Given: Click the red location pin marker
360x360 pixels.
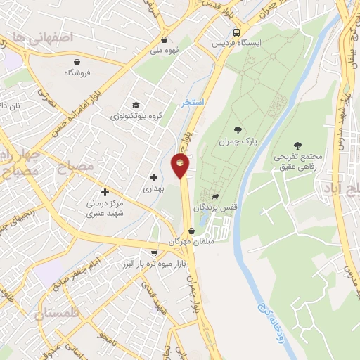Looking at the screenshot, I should (x=180, y=166).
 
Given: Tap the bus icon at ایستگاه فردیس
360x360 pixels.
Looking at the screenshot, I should (x=237, y=32).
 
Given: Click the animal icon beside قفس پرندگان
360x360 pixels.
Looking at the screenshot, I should (x=214, y=198).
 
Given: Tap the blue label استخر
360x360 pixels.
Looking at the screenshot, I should (x=192, y=103).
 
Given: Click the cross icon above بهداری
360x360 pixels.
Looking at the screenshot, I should (x=153, y=176).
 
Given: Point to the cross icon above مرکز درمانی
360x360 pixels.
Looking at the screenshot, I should (x=105, y=191).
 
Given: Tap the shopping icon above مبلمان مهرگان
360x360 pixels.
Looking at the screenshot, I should (x=191, y=231).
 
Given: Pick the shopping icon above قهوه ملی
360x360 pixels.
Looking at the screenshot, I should (x=164, y=40).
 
